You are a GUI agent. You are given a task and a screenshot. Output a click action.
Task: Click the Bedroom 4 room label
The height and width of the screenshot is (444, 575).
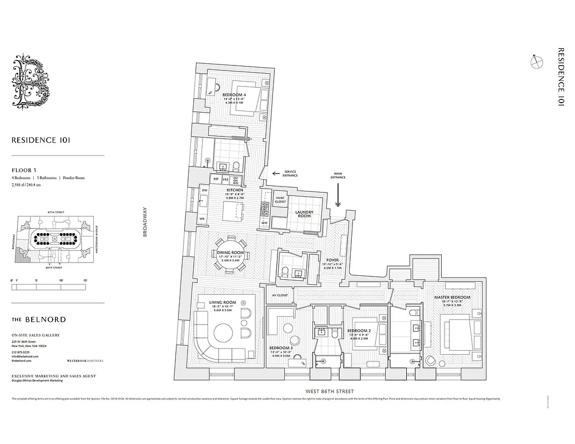[234, 95]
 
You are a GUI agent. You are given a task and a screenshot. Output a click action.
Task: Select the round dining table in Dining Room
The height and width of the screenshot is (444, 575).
[230, 253]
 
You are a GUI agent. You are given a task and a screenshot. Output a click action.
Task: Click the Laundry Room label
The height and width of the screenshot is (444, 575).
[304, 214]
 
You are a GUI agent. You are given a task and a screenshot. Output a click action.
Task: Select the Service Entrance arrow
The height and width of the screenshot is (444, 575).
[273, 174]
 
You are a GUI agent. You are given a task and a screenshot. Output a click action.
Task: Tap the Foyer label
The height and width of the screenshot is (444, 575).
[332, 259]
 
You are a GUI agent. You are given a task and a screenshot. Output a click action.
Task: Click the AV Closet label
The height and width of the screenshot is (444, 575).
[280, 295]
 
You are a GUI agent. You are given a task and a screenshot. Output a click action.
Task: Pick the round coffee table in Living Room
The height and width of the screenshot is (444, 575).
[225, 333]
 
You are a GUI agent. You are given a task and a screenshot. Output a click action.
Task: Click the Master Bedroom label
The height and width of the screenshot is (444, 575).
[452, 297]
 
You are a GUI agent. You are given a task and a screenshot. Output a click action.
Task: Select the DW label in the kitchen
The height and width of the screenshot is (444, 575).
[204, 190]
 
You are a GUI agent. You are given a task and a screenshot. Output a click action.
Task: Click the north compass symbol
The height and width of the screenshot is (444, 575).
[537, 63]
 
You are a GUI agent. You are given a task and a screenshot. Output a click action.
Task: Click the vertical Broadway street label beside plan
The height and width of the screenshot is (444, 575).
[145, 222]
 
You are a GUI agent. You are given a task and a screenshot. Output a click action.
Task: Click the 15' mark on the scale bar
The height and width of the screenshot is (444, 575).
[85, 281]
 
